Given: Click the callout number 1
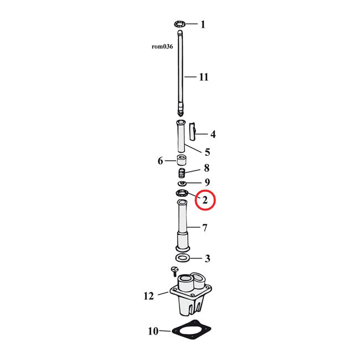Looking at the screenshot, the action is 203,24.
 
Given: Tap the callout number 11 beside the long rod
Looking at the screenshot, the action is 204,77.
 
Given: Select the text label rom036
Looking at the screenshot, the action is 162,47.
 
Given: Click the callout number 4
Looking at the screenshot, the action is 213,135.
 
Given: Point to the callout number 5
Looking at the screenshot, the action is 207,152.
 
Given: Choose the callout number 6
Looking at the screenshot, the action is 160,161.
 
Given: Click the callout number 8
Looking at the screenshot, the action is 207,168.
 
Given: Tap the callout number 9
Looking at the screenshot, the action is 207,182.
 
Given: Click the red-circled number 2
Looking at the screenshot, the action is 205,200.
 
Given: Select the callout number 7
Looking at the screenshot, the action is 204,228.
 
